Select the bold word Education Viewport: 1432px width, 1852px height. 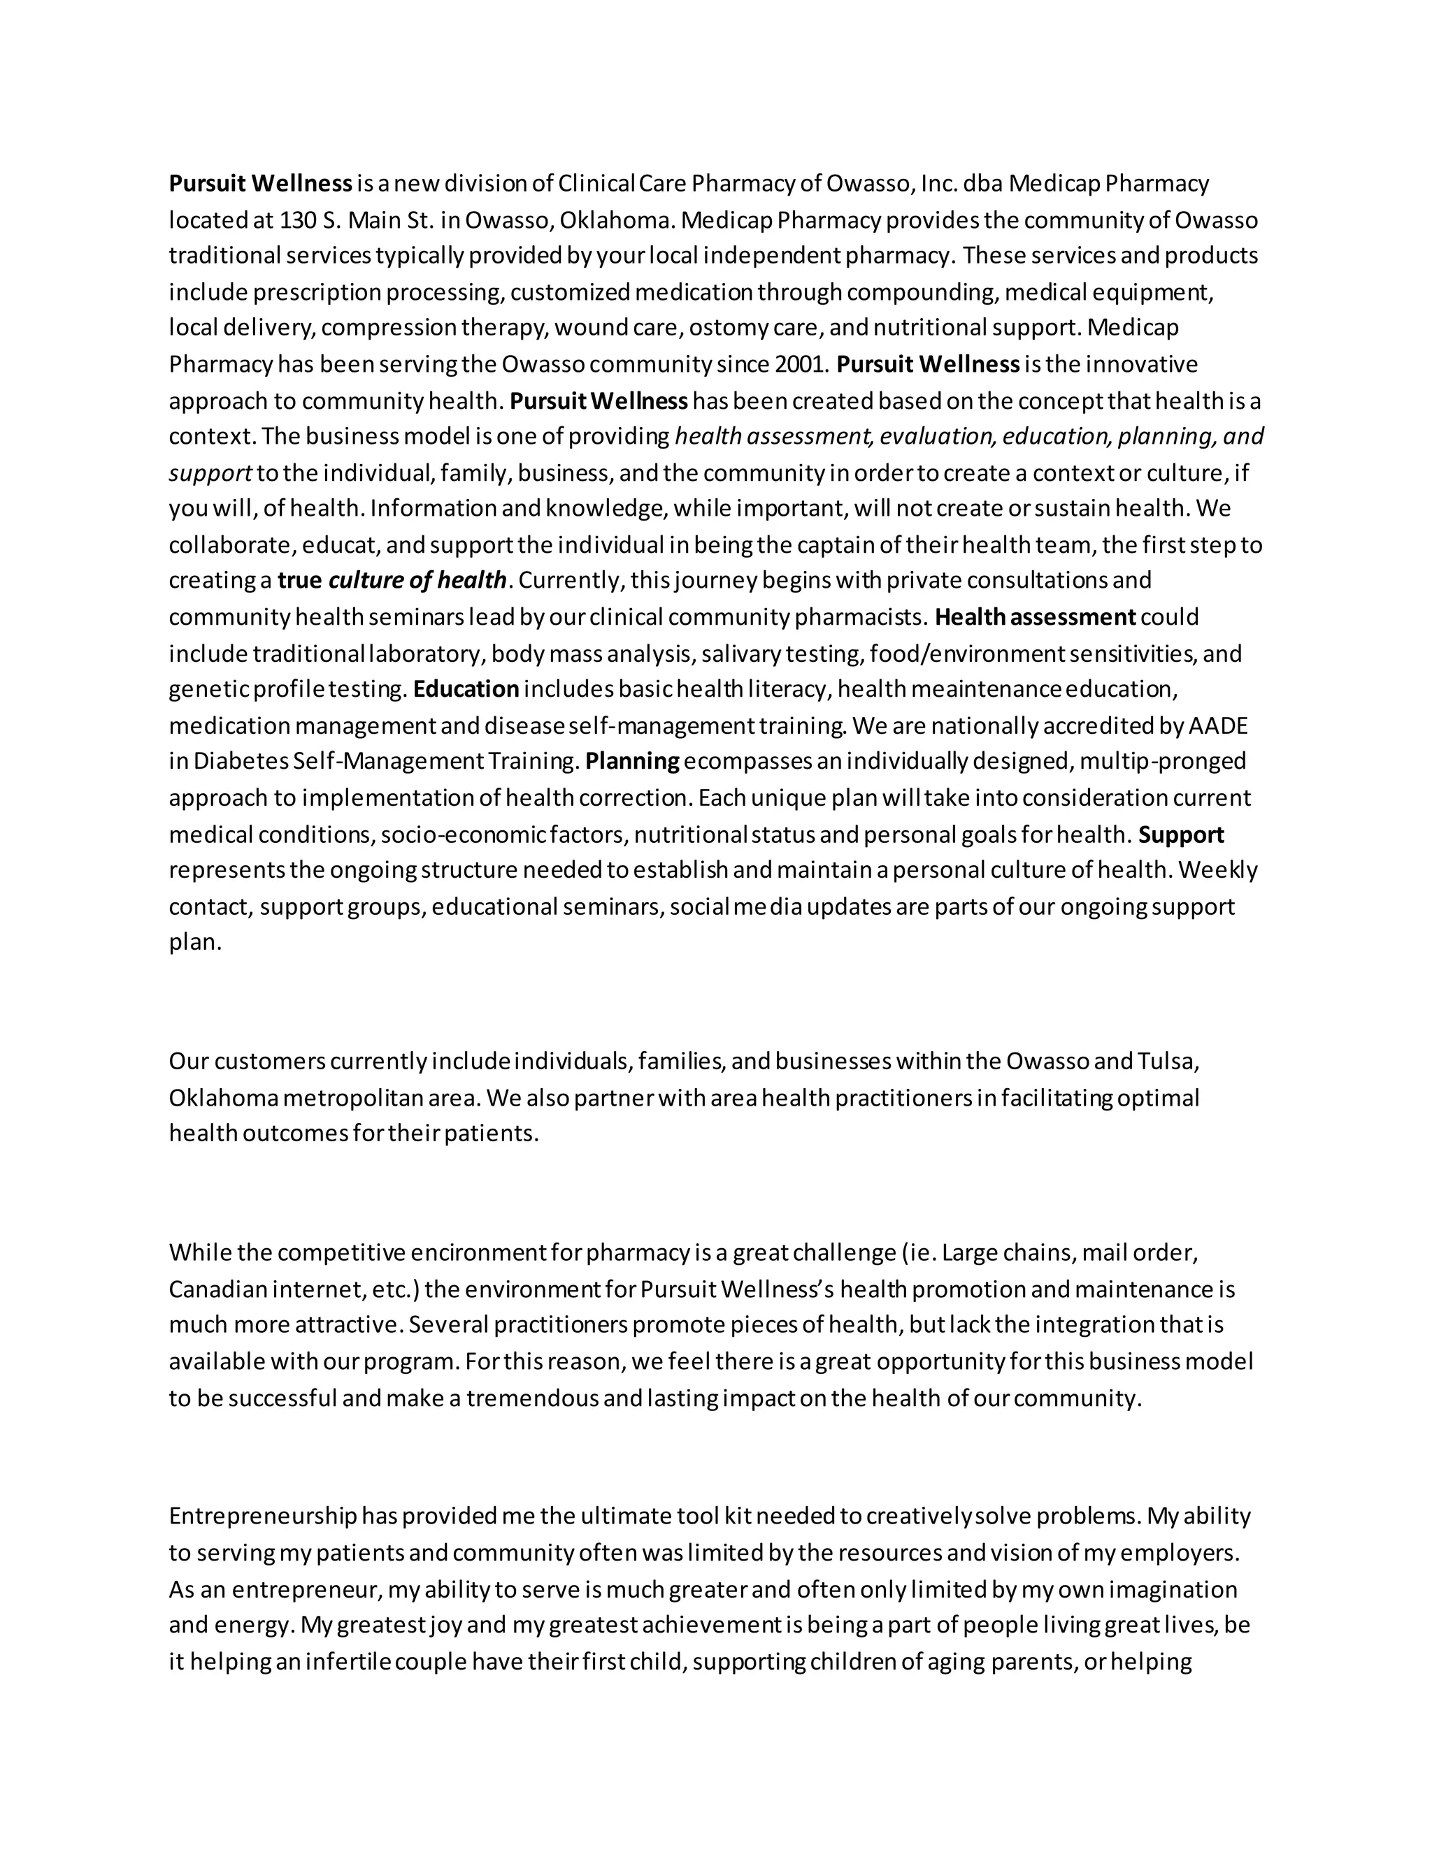click(466, 689)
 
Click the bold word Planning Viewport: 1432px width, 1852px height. click(632, 762)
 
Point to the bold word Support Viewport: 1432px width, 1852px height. click(1181, 835)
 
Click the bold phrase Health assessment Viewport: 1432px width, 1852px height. click(1035, 617)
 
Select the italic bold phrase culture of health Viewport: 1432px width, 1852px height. click(417, 581)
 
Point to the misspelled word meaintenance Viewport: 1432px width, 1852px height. click(987, 689)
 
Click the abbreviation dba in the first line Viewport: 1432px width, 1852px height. click(983, 184)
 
